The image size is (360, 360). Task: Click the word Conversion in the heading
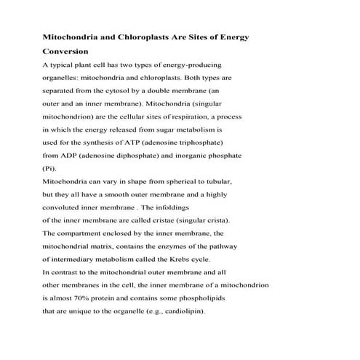pyautogui.click(x=65, y=52)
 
